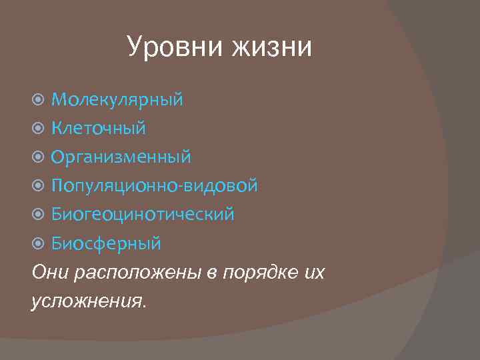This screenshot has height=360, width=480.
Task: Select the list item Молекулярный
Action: click(117, 100)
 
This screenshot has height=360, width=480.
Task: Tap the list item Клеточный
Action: click(99, 128)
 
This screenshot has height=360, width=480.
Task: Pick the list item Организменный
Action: click(121, 157)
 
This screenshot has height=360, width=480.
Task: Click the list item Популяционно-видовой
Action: click(155, 185)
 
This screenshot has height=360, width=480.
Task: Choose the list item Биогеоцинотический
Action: click(143, 214)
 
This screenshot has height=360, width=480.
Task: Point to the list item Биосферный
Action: click(107, 243)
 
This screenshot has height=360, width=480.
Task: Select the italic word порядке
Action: click(257, 273)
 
